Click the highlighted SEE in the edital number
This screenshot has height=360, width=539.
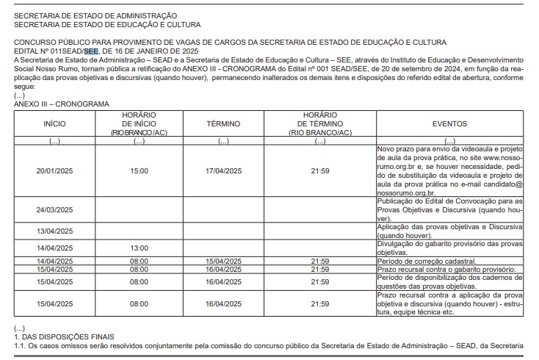90,51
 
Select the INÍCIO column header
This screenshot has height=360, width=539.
55,124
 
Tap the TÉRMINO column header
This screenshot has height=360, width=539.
223,124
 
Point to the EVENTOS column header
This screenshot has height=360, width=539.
449,124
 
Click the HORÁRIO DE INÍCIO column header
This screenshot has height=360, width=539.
139,124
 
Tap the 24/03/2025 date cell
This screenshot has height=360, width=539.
55,209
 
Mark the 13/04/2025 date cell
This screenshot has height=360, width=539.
55,231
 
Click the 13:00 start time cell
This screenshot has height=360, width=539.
139,248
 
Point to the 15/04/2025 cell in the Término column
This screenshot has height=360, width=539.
223,261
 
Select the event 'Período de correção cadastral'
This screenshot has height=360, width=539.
426,261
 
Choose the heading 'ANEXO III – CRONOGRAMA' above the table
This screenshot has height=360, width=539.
61,104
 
